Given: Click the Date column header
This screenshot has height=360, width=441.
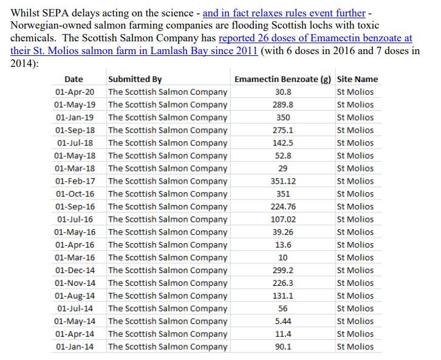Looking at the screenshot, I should (73, 79).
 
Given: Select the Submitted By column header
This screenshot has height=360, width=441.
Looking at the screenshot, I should (135, 79).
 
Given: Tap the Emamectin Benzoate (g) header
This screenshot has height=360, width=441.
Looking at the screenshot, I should (282, 79).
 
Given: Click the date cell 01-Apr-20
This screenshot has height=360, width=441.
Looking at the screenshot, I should (75, 92).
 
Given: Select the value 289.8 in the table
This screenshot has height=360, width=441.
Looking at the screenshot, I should (283, 105).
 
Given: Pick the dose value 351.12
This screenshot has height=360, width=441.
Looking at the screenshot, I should (283, 181).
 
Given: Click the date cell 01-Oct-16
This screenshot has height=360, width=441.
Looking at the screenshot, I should (75, 194).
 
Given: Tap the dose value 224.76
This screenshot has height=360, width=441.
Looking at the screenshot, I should (283, 207).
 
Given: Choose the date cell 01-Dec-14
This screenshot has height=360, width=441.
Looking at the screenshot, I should (75, 271).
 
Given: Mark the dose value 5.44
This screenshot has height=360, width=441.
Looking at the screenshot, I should (283, 321).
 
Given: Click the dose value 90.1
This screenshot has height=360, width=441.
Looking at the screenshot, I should (283, 347).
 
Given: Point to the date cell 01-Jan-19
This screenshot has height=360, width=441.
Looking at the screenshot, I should (75, 117).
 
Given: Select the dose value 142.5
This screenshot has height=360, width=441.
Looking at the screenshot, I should (283, 143).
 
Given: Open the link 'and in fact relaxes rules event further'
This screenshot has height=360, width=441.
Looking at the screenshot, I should (284, 13).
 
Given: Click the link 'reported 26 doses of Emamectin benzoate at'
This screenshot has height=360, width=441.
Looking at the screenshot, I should (315, 38).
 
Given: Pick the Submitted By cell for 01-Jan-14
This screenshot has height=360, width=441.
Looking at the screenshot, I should (168, 347).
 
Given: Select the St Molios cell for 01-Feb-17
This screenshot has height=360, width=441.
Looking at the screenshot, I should (355, 181).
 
